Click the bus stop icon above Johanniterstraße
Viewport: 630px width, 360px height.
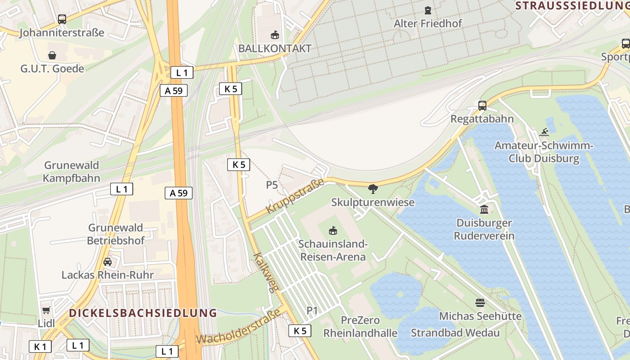(x=62, y=19)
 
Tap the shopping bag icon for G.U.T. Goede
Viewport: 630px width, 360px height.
(x=52, y=55)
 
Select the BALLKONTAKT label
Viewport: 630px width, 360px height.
(x=274, y=49)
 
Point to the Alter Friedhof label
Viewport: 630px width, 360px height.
(x=427, y=23)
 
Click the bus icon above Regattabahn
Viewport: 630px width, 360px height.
(x=482, y=106)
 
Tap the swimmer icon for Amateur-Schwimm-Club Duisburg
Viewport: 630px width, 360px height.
(x=544, y=132)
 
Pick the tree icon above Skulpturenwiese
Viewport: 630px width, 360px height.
(x=373, y=189)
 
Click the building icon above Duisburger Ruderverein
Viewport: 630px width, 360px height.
(x=484, y=210)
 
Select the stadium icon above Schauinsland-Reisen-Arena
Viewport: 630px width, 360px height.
(x=333, y=231)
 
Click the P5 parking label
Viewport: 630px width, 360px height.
(x=272, y=185)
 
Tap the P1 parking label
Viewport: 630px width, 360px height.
(x=312, y=310)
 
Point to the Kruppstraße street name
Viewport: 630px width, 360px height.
(x=295, y=197)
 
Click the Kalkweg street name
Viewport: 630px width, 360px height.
(x=264, y=273)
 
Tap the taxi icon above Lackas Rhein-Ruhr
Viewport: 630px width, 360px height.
(x=108, y=262)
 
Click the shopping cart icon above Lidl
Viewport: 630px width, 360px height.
(x=46, y=310)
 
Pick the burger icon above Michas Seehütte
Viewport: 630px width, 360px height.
(x=480, y=303)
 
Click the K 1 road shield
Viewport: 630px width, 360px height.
(x=40, y=346)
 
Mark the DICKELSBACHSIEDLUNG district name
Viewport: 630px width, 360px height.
(x=143, y=313)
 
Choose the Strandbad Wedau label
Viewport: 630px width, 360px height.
(x=455, y=333)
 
